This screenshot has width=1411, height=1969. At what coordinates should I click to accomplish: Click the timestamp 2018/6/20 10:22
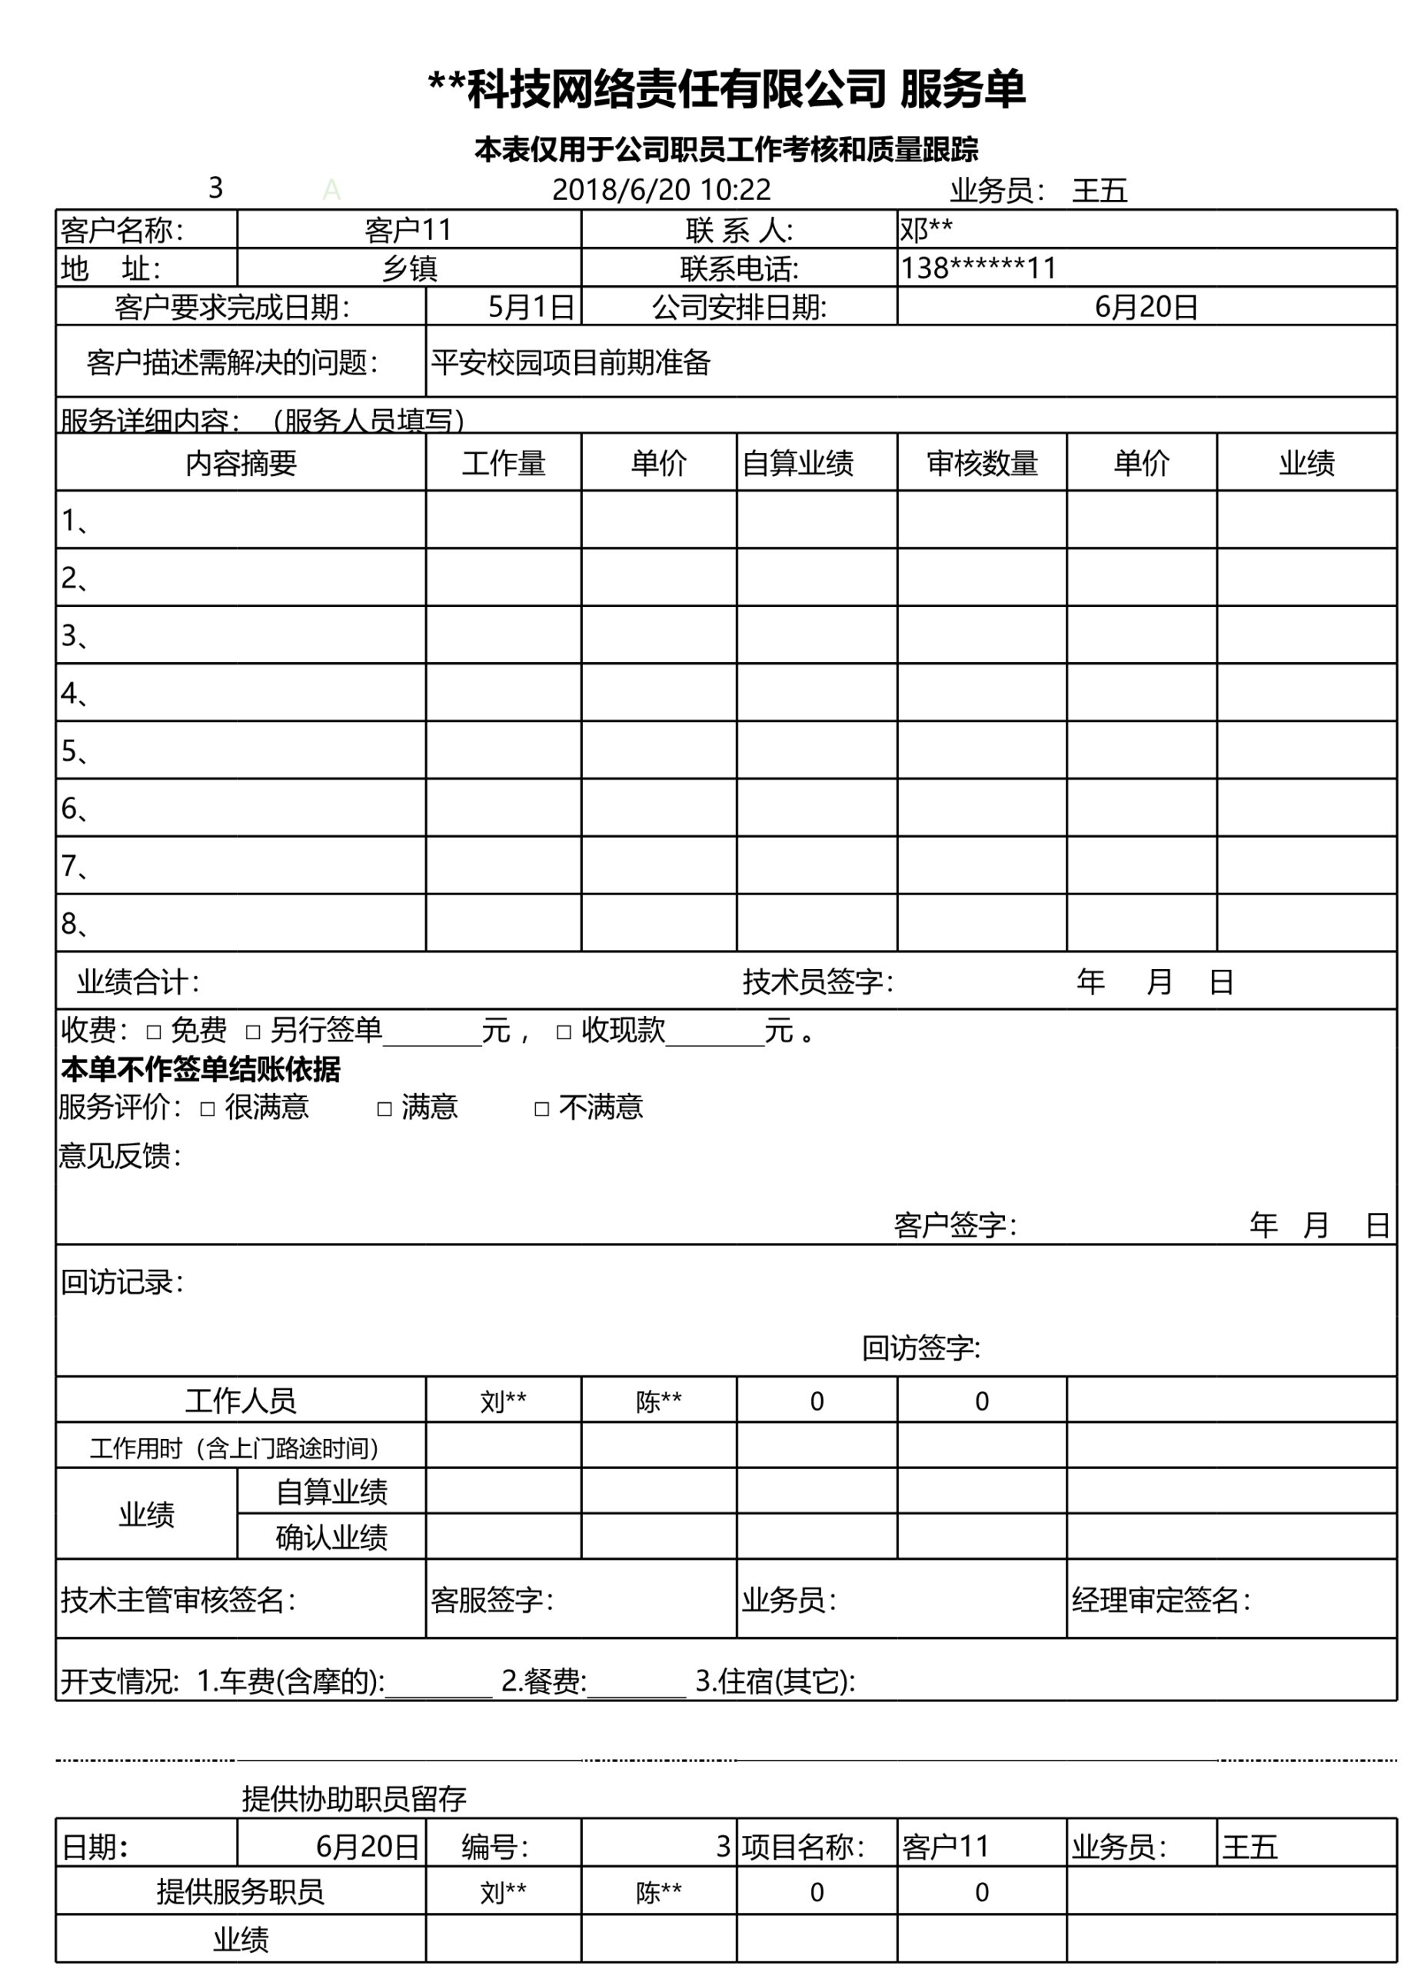(661, 189)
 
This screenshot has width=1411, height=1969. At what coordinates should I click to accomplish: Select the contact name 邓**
(926, 230)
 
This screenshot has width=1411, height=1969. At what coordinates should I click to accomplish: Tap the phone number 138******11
(978, 268)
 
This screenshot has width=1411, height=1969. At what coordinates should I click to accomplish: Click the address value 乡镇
(409, 268)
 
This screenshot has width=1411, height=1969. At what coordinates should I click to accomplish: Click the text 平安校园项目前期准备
(570, 362)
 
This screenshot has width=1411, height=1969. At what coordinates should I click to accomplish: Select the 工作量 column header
(504, 463)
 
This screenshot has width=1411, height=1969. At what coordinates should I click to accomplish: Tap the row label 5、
(75, 751)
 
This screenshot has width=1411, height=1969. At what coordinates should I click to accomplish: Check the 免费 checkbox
(154, 1032)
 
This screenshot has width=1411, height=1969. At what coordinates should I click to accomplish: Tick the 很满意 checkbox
(208, 1108)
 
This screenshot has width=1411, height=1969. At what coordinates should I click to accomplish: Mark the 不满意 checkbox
(541, 1108)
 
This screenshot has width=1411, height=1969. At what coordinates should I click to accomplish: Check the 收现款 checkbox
(564, 1032)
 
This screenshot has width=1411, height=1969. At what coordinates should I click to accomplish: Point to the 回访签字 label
(920, 1348)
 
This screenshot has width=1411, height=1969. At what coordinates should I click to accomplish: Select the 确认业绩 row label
(331, 1538)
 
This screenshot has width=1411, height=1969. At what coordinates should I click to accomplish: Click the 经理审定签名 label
(1160, 1600)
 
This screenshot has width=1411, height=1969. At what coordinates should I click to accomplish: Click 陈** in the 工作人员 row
(659, 1401)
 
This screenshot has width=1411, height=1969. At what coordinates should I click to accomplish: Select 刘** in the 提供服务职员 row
(504, 1892)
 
